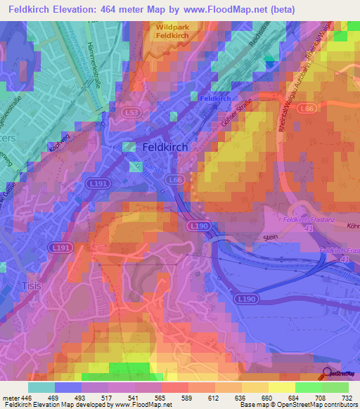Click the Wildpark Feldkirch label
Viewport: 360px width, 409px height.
172,31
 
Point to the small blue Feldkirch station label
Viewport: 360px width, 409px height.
214,99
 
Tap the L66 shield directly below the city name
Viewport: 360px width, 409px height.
176,181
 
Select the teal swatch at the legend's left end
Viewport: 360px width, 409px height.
41,387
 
